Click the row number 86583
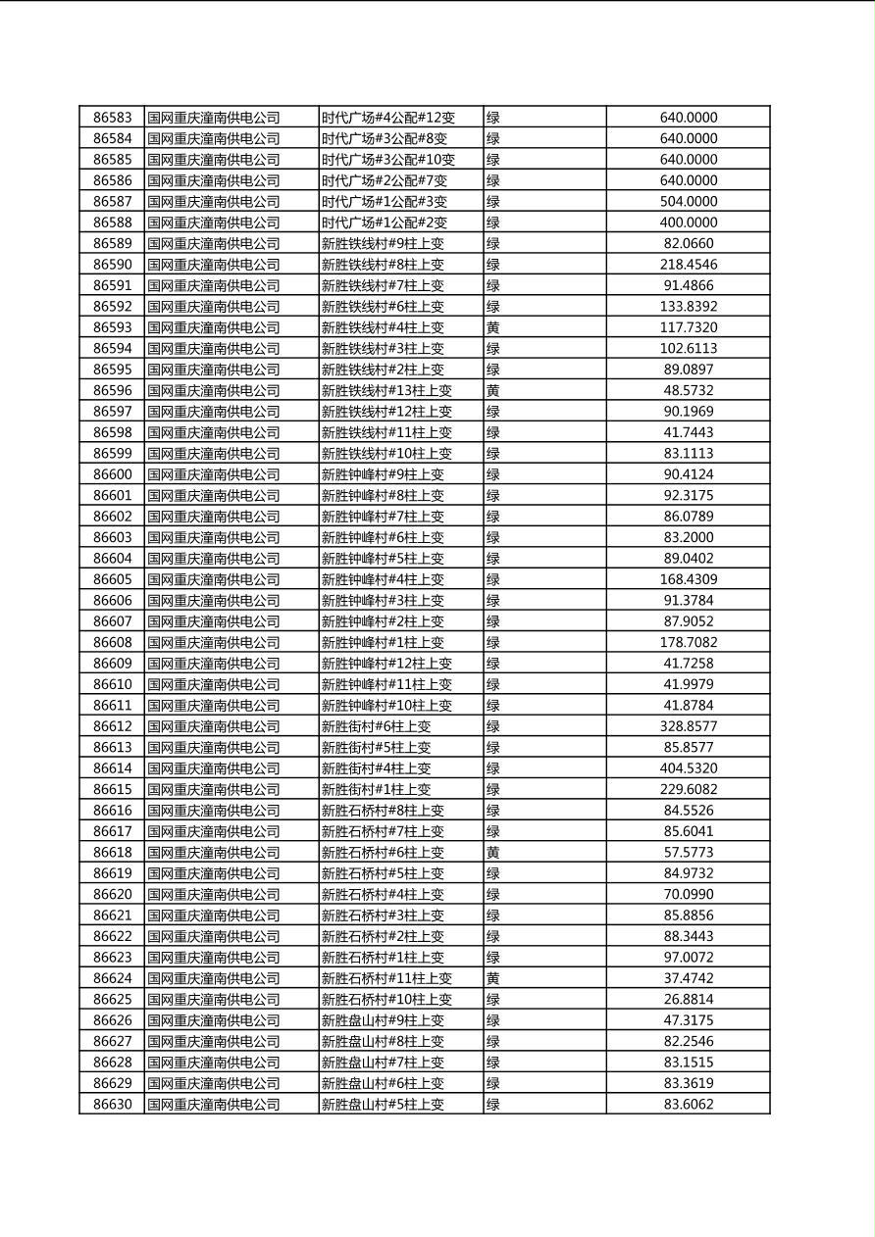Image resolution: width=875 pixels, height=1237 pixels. (112, 118)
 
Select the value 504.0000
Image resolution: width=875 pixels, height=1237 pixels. (688, 201)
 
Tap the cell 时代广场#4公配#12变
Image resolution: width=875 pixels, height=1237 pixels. (388, 118)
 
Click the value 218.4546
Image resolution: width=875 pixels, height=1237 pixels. (688, 265)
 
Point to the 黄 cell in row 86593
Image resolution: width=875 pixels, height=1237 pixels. (493, 327)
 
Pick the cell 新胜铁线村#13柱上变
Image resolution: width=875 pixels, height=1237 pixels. (386, 390)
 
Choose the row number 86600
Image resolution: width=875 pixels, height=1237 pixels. (112, 474)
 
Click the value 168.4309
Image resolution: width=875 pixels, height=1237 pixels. (688, 579)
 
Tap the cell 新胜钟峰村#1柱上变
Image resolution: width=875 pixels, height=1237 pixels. (383, 642)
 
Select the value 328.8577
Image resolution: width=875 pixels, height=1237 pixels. (688, 726)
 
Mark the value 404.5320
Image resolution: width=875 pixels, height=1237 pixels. (688, 768)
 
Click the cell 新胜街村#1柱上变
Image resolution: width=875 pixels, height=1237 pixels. (376, 789)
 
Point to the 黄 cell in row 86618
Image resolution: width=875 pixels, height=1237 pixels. (493, 853)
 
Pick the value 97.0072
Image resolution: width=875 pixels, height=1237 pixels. (688, 958)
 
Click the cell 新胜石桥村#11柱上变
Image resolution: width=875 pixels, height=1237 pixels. (386, 978)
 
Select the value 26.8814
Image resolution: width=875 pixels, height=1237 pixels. (688, 999)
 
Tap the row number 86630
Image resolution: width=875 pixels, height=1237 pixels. (112, 1104)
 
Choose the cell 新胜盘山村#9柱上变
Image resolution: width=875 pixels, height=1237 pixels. (383, 1020)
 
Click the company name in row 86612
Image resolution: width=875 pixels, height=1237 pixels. (214, 726)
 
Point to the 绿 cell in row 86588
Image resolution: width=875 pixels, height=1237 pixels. (493, 223)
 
